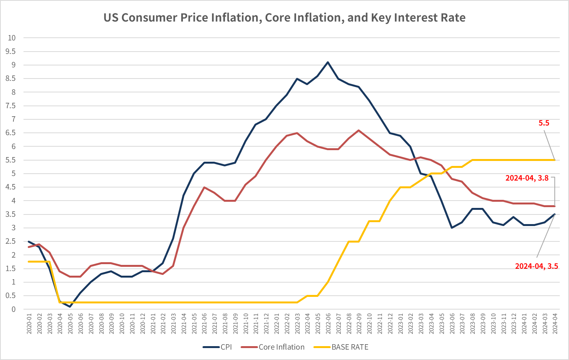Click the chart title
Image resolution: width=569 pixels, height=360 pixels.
(x=284, y=18)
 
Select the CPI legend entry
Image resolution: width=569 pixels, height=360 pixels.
(x=226, y=347)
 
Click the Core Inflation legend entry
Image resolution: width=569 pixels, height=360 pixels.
(x=281, y=347)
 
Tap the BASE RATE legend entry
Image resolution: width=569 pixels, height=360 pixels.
(x=350, y=347)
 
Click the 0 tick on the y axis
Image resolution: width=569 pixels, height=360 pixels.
(x=13, y=309)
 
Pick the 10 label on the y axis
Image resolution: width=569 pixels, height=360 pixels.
(x=12, y=38)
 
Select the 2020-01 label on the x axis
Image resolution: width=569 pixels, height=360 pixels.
(x=29, y=324)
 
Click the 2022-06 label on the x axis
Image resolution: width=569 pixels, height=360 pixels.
(x=328, y=324)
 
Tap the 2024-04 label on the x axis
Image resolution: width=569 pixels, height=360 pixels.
(x=555, y=324)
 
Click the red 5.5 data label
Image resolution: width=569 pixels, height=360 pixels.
(x=544, y=123)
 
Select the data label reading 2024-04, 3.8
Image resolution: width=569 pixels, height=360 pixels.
(x=527, y=178)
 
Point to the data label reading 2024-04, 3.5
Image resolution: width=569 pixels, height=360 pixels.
(x=536, y=266)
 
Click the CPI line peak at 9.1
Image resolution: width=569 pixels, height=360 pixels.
(x=328, y=62)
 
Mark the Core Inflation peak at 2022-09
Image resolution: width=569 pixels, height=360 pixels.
(x=359, y=130)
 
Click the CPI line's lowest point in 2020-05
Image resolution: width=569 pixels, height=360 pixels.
(x=70, y=306)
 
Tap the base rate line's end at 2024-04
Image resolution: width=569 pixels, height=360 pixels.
(x=554, y=160)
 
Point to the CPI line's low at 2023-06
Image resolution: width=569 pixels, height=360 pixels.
(x=452, y=228)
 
